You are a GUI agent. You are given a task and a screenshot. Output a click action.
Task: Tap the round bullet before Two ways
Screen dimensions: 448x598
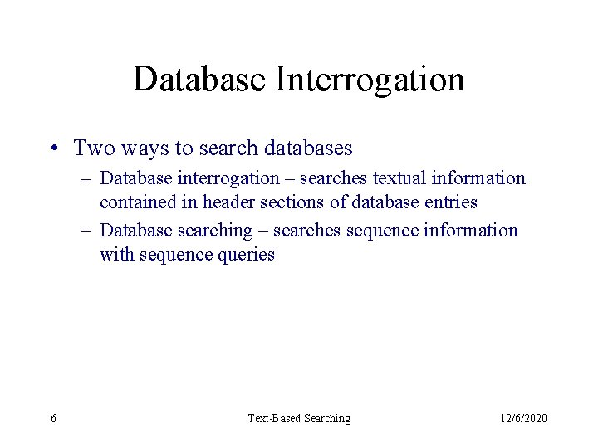pos(55,149)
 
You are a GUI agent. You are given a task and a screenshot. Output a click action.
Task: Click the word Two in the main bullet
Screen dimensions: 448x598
pos(91,149)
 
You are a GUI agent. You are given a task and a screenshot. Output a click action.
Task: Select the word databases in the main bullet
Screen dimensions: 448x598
pos(307,149)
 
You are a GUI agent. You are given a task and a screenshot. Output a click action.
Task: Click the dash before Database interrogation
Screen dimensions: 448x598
pos(87,178)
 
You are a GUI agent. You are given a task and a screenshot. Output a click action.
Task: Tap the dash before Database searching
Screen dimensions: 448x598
pos(87,231)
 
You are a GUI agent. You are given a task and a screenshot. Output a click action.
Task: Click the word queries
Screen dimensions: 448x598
pos(244,255)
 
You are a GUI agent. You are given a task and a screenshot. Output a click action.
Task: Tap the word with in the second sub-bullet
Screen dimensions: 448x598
pos(115,255)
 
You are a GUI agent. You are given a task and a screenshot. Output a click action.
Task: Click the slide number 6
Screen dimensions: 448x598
pos(54,418)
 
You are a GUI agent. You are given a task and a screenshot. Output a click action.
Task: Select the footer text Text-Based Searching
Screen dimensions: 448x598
pos(299,418)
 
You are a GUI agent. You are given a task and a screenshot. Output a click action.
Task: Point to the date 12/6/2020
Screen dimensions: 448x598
pos(523,418)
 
